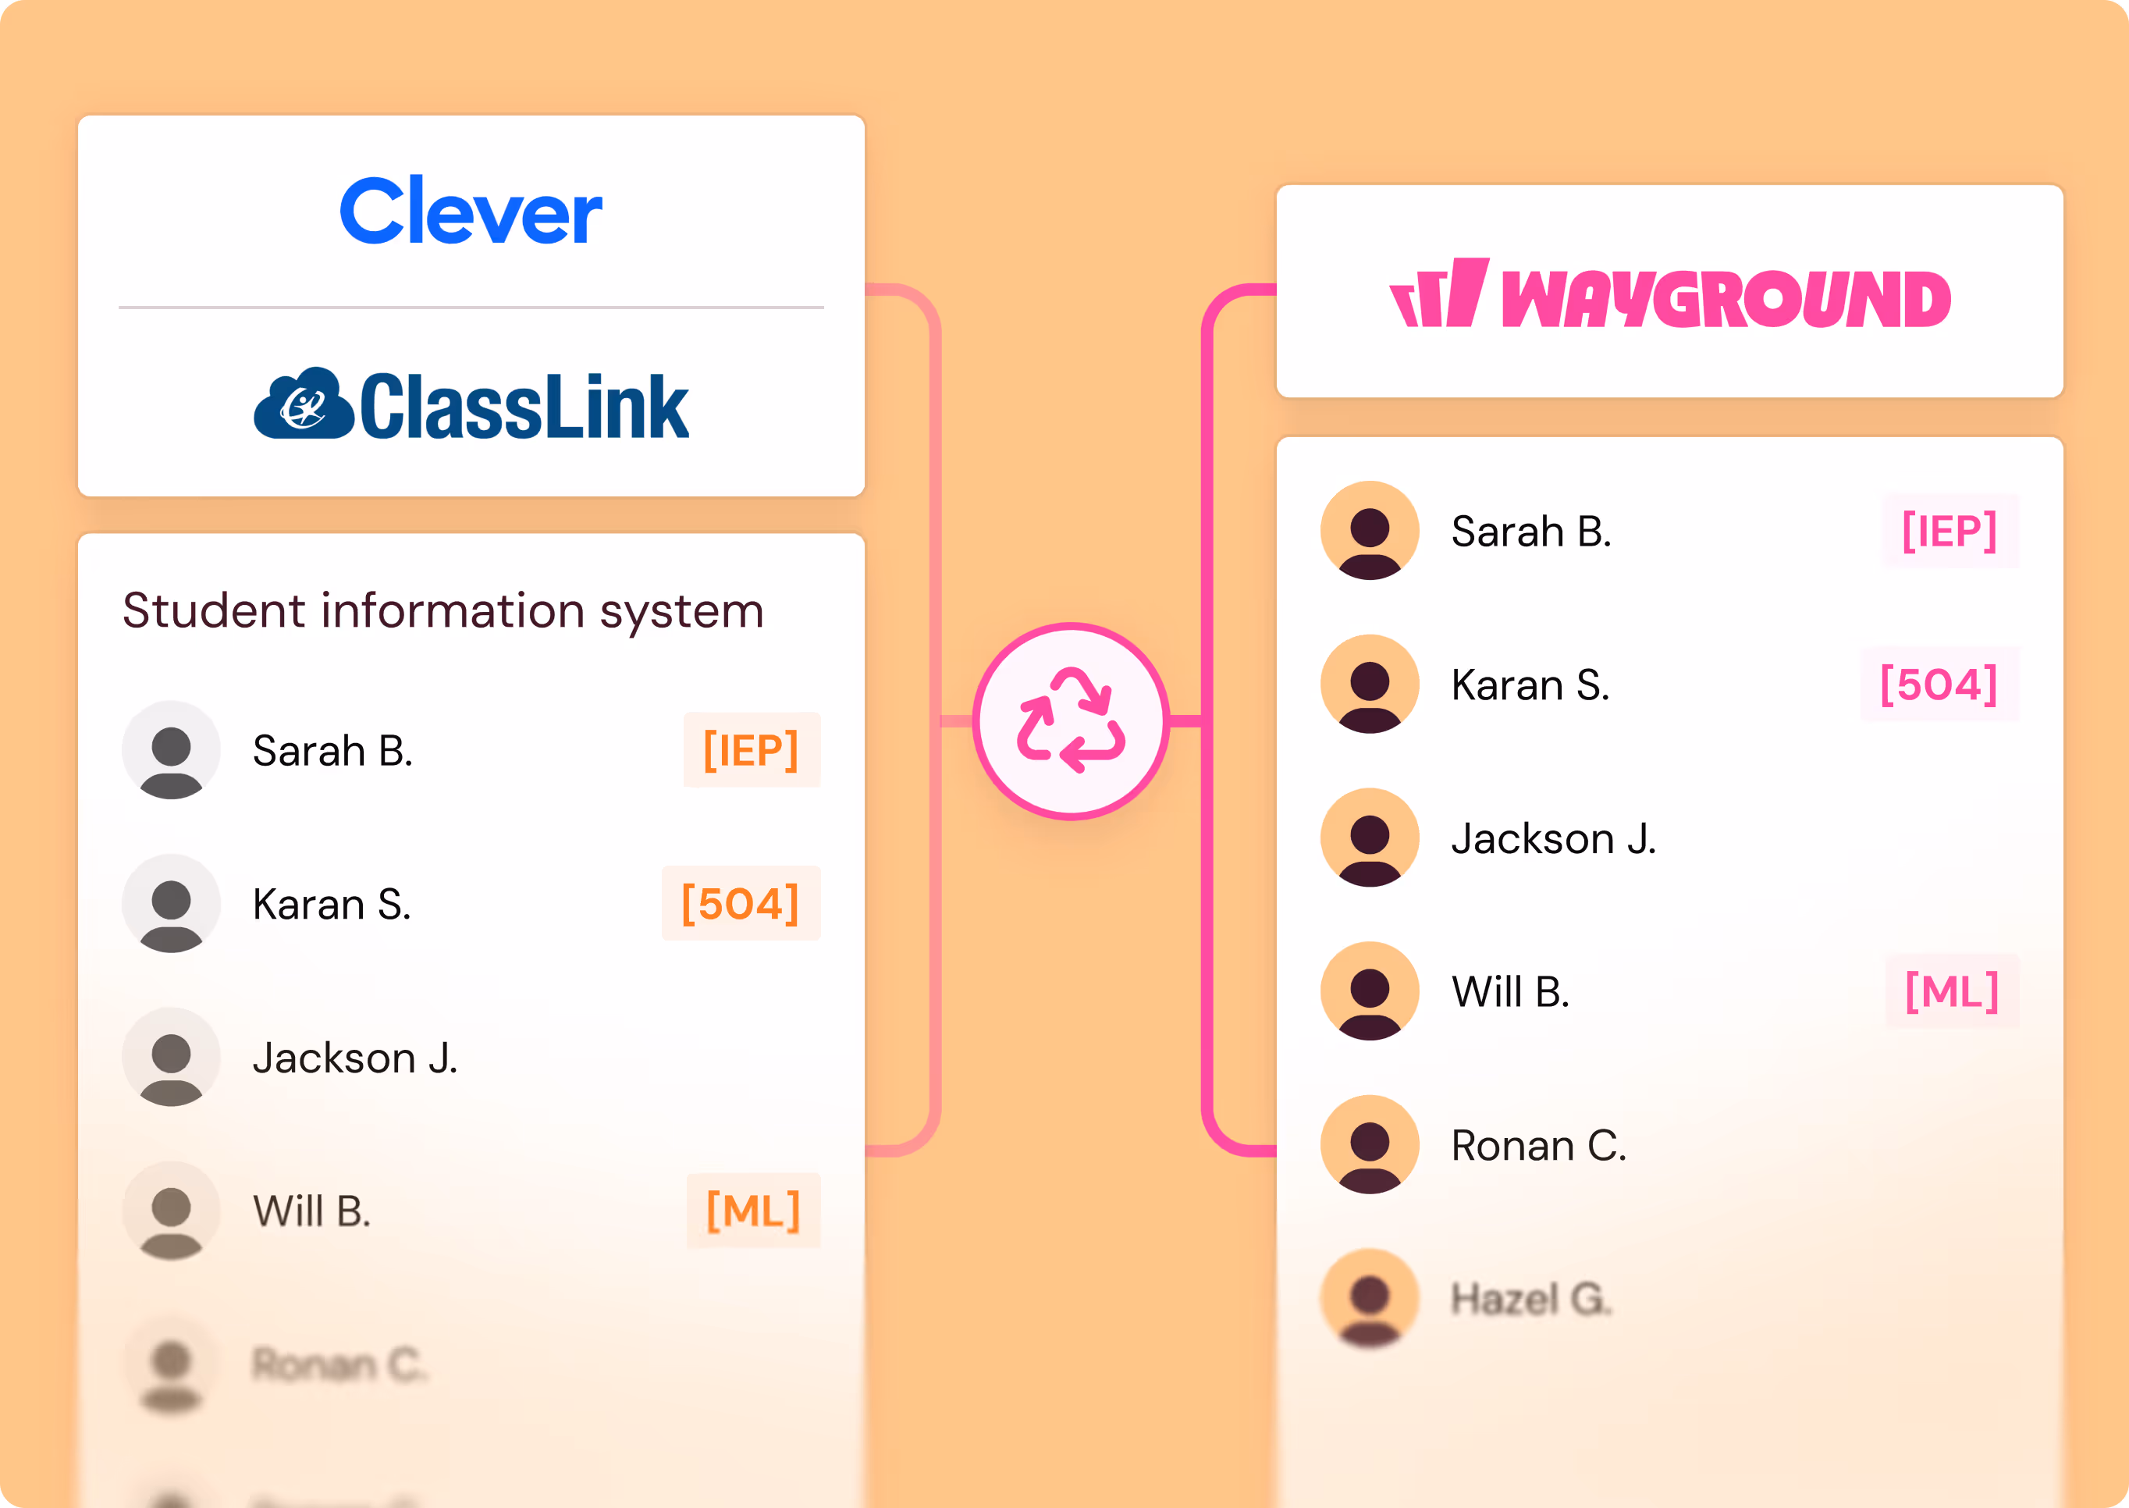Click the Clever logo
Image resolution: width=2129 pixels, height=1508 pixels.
tap(471, 212)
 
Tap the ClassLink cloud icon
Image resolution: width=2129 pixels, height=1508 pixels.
tap(304, 404)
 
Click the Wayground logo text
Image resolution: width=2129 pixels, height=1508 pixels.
tap(1725, 299)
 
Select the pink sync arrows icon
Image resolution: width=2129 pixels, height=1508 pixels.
tap(1071, 720)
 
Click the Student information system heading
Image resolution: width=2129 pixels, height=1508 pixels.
tap(443, 611)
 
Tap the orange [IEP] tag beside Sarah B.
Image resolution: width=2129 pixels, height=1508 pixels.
tap(751, 750)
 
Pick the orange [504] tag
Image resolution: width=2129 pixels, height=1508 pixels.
tap(740, 904)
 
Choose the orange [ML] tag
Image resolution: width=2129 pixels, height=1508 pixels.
tap(753, 1211)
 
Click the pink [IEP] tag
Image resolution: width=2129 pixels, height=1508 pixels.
tap(1949, 531)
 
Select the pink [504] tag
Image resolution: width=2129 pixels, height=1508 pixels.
tap(1939, 685)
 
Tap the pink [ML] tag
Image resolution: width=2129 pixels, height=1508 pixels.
tap(1952, 992)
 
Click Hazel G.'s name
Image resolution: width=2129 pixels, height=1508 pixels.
tap(1531, 1299)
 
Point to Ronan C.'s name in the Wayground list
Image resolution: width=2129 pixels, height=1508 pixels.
tap(1538, 1146)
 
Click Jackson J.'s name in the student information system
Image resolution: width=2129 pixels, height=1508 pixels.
tap(354, 1058)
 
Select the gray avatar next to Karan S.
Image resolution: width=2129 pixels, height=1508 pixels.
tap(171, 904)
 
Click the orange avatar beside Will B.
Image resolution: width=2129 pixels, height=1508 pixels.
tap(1370, 992)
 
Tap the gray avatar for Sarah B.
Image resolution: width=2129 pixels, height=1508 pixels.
tap(171, 750)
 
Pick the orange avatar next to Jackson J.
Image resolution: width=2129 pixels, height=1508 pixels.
tap(1370, 838)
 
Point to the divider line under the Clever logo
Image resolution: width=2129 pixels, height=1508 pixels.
tap(471, 308)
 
